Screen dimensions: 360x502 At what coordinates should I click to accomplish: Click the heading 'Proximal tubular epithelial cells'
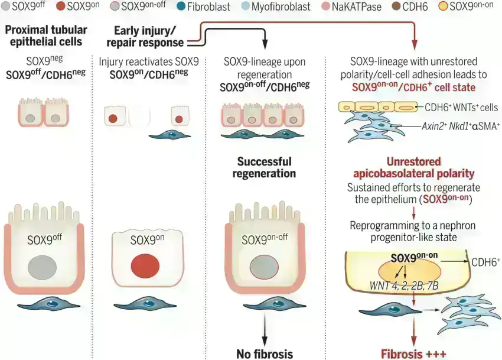pyautogui.click(x=45, y=35)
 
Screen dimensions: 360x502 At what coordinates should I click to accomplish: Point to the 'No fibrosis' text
pyautogui.click(x=264, y=354)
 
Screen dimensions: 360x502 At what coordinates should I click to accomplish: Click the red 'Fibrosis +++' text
pyautogui.click(x=414, y=354)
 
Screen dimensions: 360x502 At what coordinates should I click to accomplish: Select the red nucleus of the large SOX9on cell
pyautogui.click(x=146, y=264)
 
